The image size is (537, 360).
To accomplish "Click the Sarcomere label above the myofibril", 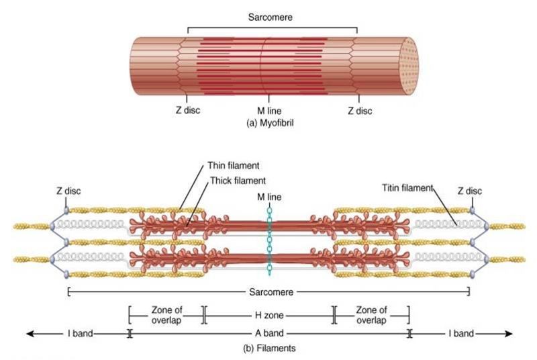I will (272, 12).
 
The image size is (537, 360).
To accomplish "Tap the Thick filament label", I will (238, 179).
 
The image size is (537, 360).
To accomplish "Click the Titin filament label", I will (407, 187).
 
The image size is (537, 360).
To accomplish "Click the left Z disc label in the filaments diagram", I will (68, 191).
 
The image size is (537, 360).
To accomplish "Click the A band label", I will (268, 333).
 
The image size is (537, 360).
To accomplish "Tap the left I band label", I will (79, 333).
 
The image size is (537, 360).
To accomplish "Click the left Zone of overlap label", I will (166, 314).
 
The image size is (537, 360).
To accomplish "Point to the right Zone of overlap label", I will (371, 314).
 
